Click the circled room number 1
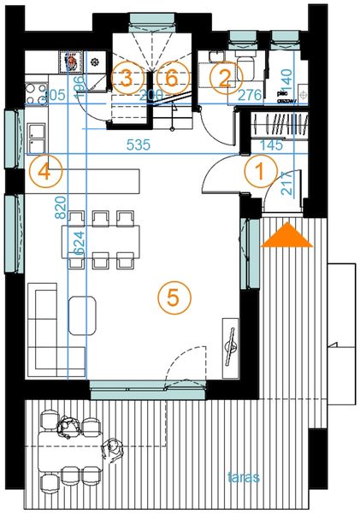click(x=256, y=170)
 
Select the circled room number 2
click(x=224, y=78)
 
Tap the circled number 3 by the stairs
click(x=126, y=78)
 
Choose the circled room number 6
click(x=171, y=78)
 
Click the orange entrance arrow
click(x=285, y=235)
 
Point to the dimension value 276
click(x=250, y=95)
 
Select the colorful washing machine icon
click(x=71, y=62)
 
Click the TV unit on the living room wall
click(x=229, y=344)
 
